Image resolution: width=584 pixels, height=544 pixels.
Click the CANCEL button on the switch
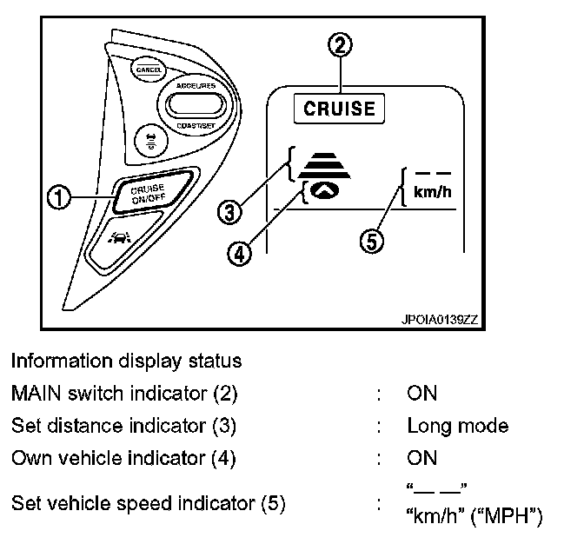143,67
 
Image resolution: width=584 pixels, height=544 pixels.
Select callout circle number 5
370,242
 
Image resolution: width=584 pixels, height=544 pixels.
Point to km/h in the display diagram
433,191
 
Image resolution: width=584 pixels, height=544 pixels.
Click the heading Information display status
126,361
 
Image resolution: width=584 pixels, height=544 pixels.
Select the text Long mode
457,426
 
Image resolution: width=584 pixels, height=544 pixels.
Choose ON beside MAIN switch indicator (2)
421,394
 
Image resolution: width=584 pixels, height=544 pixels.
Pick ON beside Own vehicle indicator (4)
421,458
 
